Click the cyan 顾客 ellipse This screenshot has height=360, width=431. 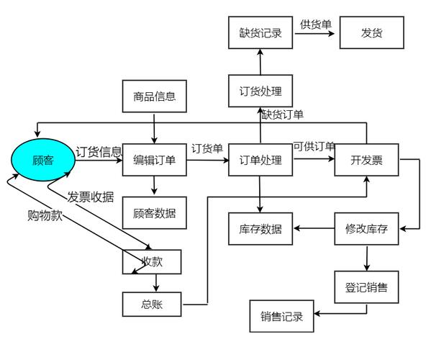coord(43,160)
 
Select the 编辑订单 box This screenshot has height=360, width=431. coord(154,160)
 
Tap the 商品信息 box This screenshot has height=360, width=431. coord(154,96)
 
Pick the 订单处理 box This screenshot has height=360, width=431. coord(260,160)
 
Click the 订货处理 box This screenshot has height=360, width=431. coord(260,91)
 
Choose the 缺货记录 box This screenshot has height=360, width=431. coord(260,33)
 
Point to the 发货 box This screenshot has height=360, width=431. coord(371,33)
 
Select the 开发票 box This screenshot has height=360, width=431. coord(366,160)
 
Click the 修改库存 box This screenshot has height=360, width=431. coord(366,230)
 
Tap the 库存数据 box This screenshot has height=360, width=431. coord(260,230)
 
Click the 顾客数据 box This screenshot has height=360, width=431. coord(154,212)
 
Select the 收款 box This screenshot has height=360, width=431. coord(152,262)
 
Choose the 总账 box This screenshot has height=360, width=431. coord(152,305)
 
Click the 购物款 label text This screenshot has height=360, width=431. coord(45,215)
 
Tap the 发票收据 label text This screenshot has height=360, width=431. coord(91,197)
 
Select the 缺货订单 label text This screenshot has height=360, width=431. coord(282,114)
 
